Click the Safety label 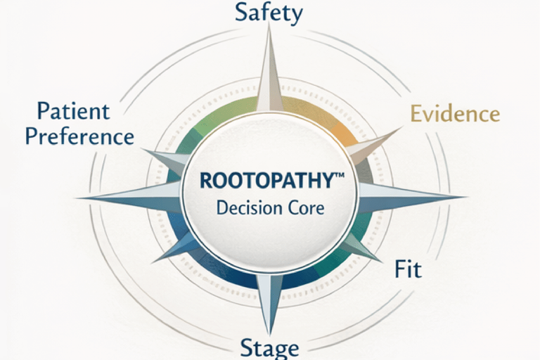tap(269, 13)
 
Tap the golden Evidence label tap(455, 114)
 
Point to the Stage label tap(269, 347)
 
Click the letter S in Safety tap(242, 13)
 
